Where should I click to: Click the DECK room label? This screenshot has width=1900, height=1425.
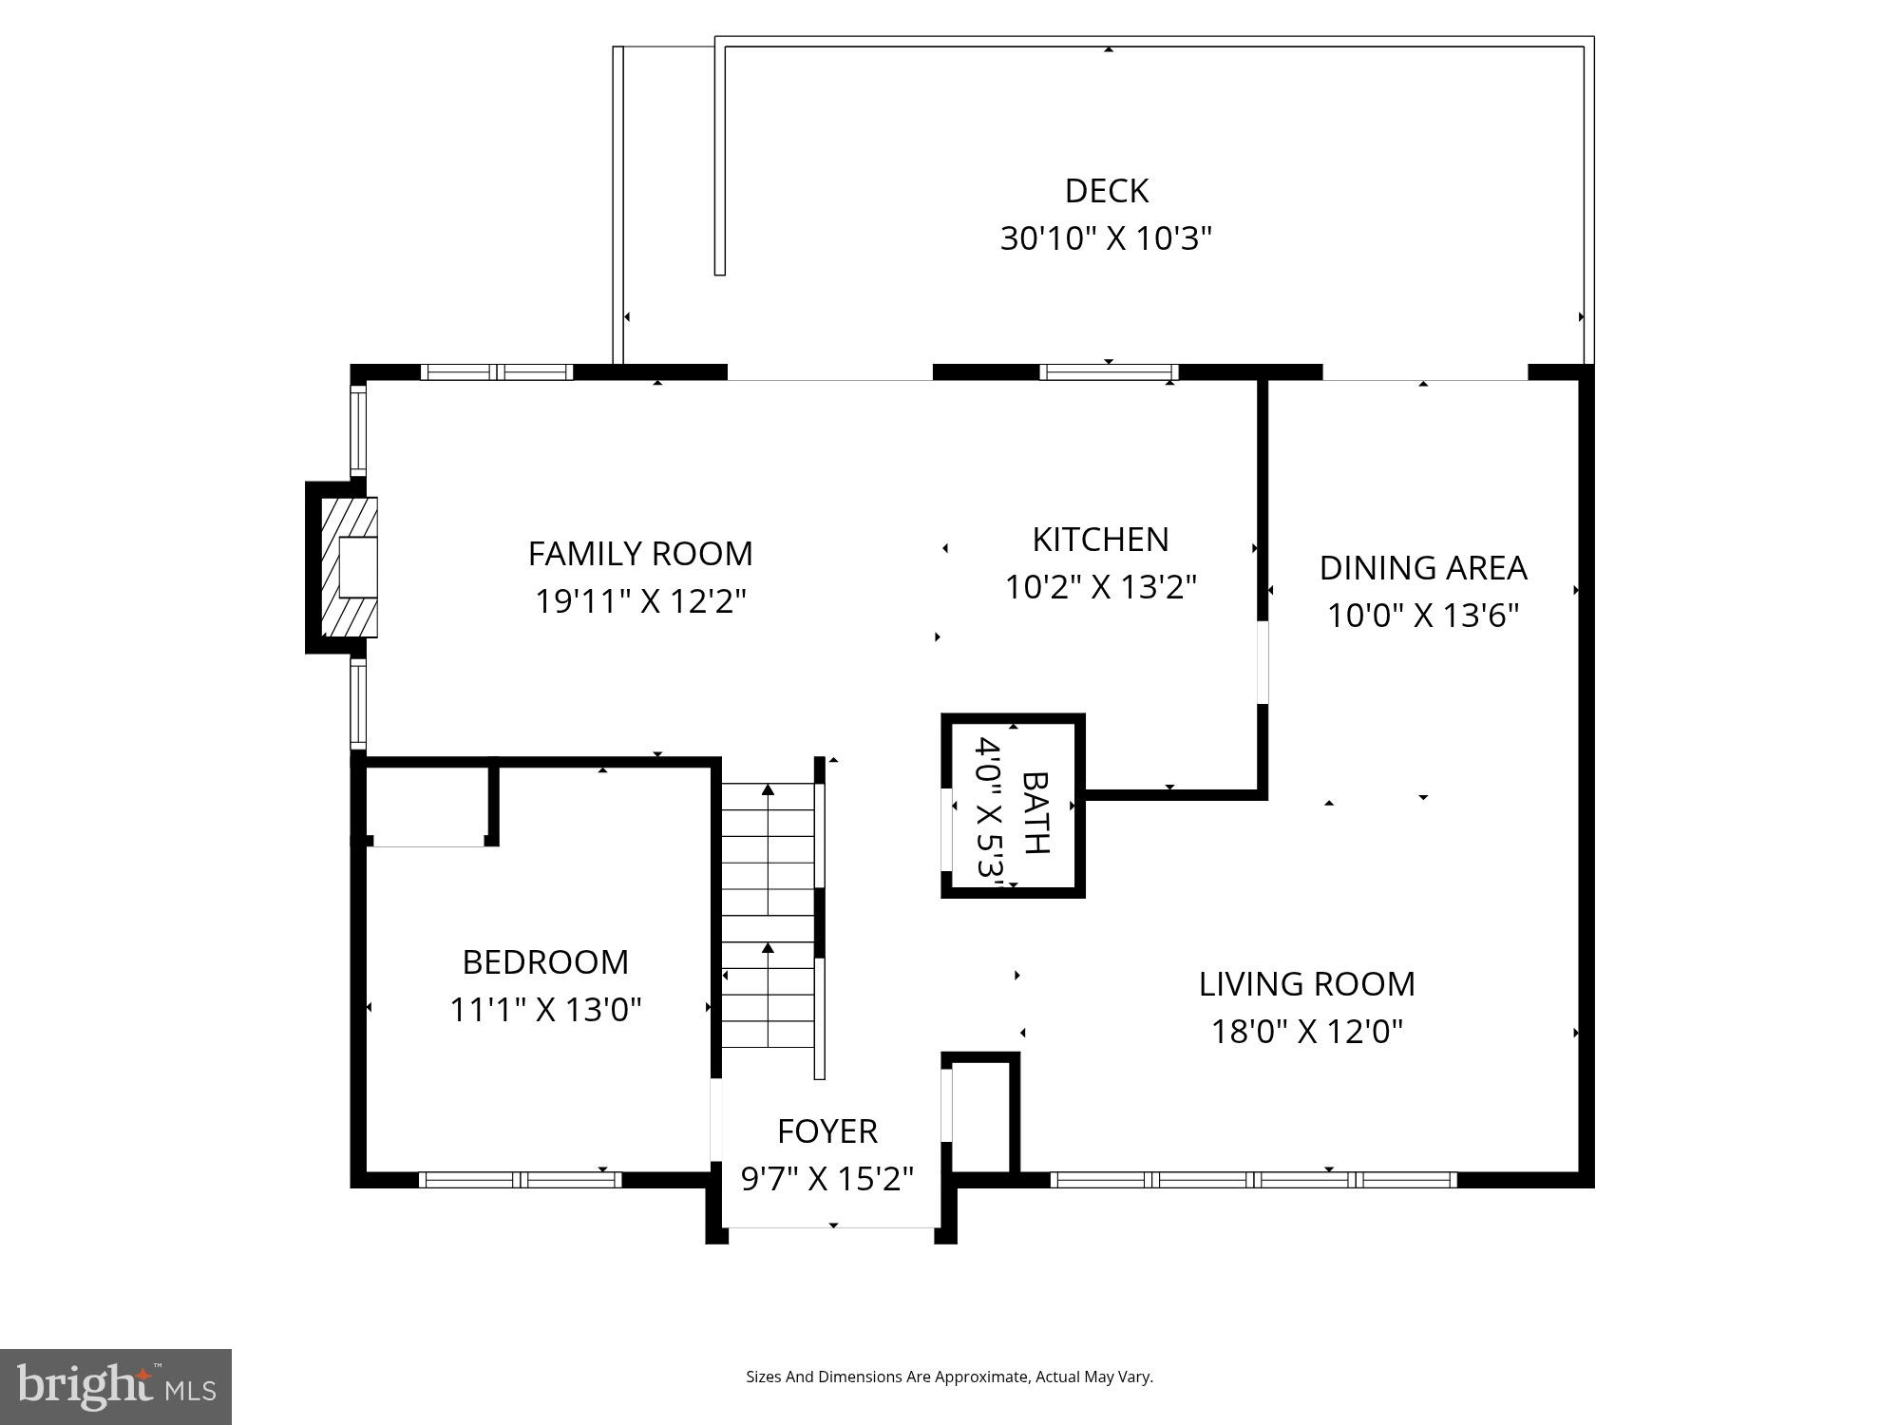coord(1107,191)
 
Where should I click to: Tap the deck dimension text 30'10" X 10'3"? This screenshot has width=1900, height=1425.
coord(1107,238)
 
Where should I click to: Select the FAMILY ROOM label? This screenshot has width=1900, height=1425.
coord(640,553)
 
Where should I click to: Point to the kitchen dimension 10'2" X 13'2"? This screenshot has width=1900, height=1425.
coord(1100,587)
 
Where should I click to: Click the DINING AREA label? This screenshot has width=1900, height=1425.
coord(1423,567)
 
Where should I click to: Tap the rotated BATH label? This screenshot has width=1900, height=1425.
coord(1035,812)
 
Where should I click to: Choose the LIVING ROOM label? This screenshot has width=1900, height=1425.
coord(1306,983)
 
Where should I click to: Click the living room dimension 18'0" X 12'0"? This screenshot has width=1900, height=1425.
coord(1306,1031)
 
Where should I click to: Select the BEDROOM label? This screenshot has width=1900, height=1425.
coord(545,961)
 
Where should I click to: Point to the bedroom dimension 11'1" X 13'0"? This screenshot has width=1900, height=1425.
coord(545,1009)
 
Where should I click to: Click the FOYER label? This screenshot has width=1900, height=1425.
coord(827,1130)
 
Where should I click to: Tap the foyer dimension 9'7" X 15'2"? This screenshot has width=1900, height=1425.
coord(827,1179)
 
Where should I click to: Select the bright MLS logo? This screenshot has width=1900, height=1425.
coord(116,1386)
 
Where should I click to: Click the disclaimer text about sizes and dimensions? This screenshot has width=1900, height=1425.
coord(949,1377)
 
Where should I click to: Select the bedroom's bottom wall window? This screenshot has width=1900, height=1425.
coord(520,1180)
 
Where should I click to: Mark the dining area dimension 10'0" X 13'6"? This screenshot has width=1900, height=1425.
coord(1423,616)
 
